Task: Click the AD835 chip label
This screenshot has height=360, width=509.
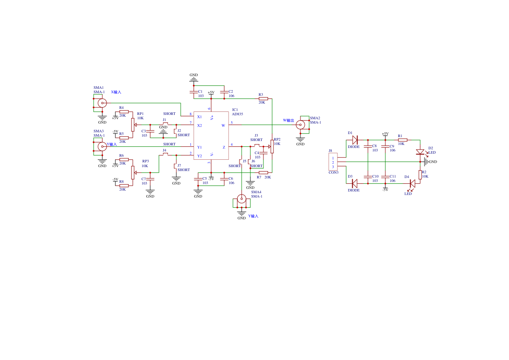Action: (x=237, y=114)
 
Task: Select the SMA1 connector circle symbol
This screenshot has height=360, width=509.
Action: (x=102, y=103)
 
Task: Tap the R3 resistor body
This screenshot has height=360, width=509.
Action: (x=263, y=98)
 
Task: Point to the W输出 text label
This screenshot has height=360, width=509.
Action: (x=289, y=120)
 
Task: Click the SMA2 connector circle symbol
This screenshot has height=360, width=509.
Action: (x=300, y=125)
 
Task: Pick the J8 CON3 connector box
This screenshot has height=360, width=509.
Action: (x=333, y=162)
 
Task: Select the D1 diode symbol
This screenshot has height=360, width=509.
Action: (x=354, y=140)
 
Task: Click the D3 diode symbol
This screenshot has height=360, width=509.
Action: (x=354, y=183)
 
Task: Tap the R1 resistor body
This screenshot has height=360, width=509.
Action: (x=402, y=140)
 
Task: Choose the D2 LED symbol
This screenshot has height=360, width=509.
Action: (x=420, y=152)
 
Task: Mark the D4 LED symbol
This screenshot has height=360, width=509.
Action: (x=412, y=183)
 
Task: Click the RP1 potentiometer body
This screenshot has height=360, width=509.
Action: (x=133, y=125)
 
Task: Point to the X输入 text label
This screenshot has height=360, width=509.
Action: (x=116, y=92)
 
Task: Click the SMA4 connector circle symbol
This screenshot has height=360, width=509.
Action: (x=242, y=199)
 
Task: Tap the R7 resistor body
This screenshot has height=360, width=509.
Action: (x=263, y=173)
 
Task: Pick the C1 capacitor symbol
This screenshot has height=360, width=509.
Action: (x=194, y=92)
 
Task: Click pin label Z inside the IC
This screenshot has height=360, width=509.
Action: (x=224, y=147)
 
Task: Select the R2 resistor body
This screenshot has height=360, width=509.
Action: (x=420, y=175)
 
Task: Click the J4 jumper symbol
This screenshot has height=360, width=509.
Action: (x=165, y=154)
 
